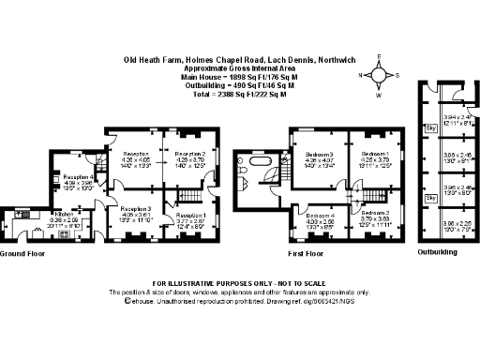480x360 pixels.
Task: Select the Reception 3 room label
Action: click(137, 207)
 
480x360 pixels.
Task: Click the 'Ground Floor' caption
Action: click(24, 254)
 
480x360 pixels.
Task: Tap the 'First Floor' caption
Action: click(305, 254)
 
